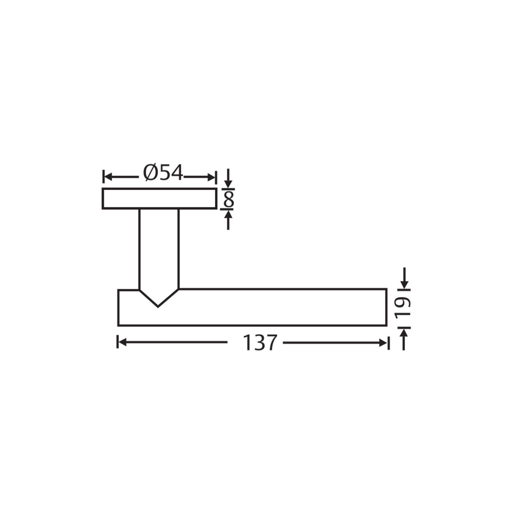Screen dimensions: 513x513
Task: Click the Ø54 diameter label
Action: click(163, 172)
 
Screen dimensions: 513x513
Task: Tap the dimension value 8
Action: click(229, 199)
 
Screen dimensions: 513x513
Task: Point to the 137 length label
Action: click(260, 343)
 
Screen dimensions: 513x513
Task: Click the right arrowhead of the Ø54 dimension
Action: click(211, 177)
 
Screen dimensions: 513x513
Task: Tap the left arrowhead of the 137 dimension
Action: click(122, 343)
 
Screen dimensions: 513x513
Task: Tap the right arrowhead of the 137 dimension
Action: click(383, 343)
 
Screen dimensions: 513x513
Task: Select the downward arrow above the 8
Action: click(228, 178)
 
